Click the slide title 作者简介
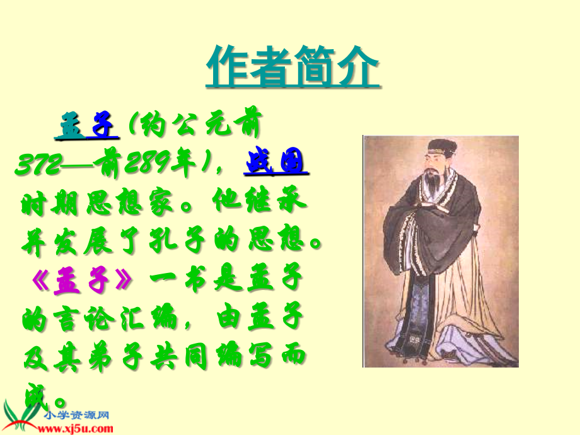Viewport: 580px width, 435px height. (293, 66)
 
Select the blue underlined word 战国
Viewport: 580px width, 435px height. (276, 163)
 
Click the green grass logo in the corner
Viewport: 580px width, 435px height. (19, 413)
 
